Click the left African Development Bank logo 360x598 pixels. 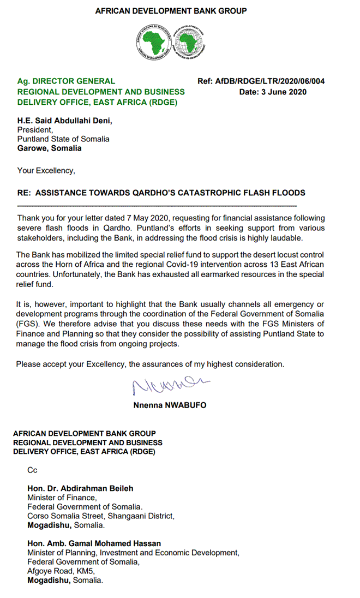pos(154,42)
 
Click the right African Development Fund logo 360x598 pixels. pos(188,42)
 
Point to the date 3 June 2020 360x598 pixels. pos(273,92)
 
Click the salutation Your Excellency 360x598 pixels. pos(46,170)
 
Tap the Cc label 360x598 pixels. pos(32,469)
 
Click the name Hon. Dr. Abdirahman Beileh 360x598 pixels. pos(80,488)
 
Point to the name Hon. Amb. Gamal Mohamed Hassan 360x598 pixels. pos(94,543)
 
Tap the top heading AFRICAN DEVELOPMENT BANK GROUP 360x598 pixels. pos(171,10)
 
